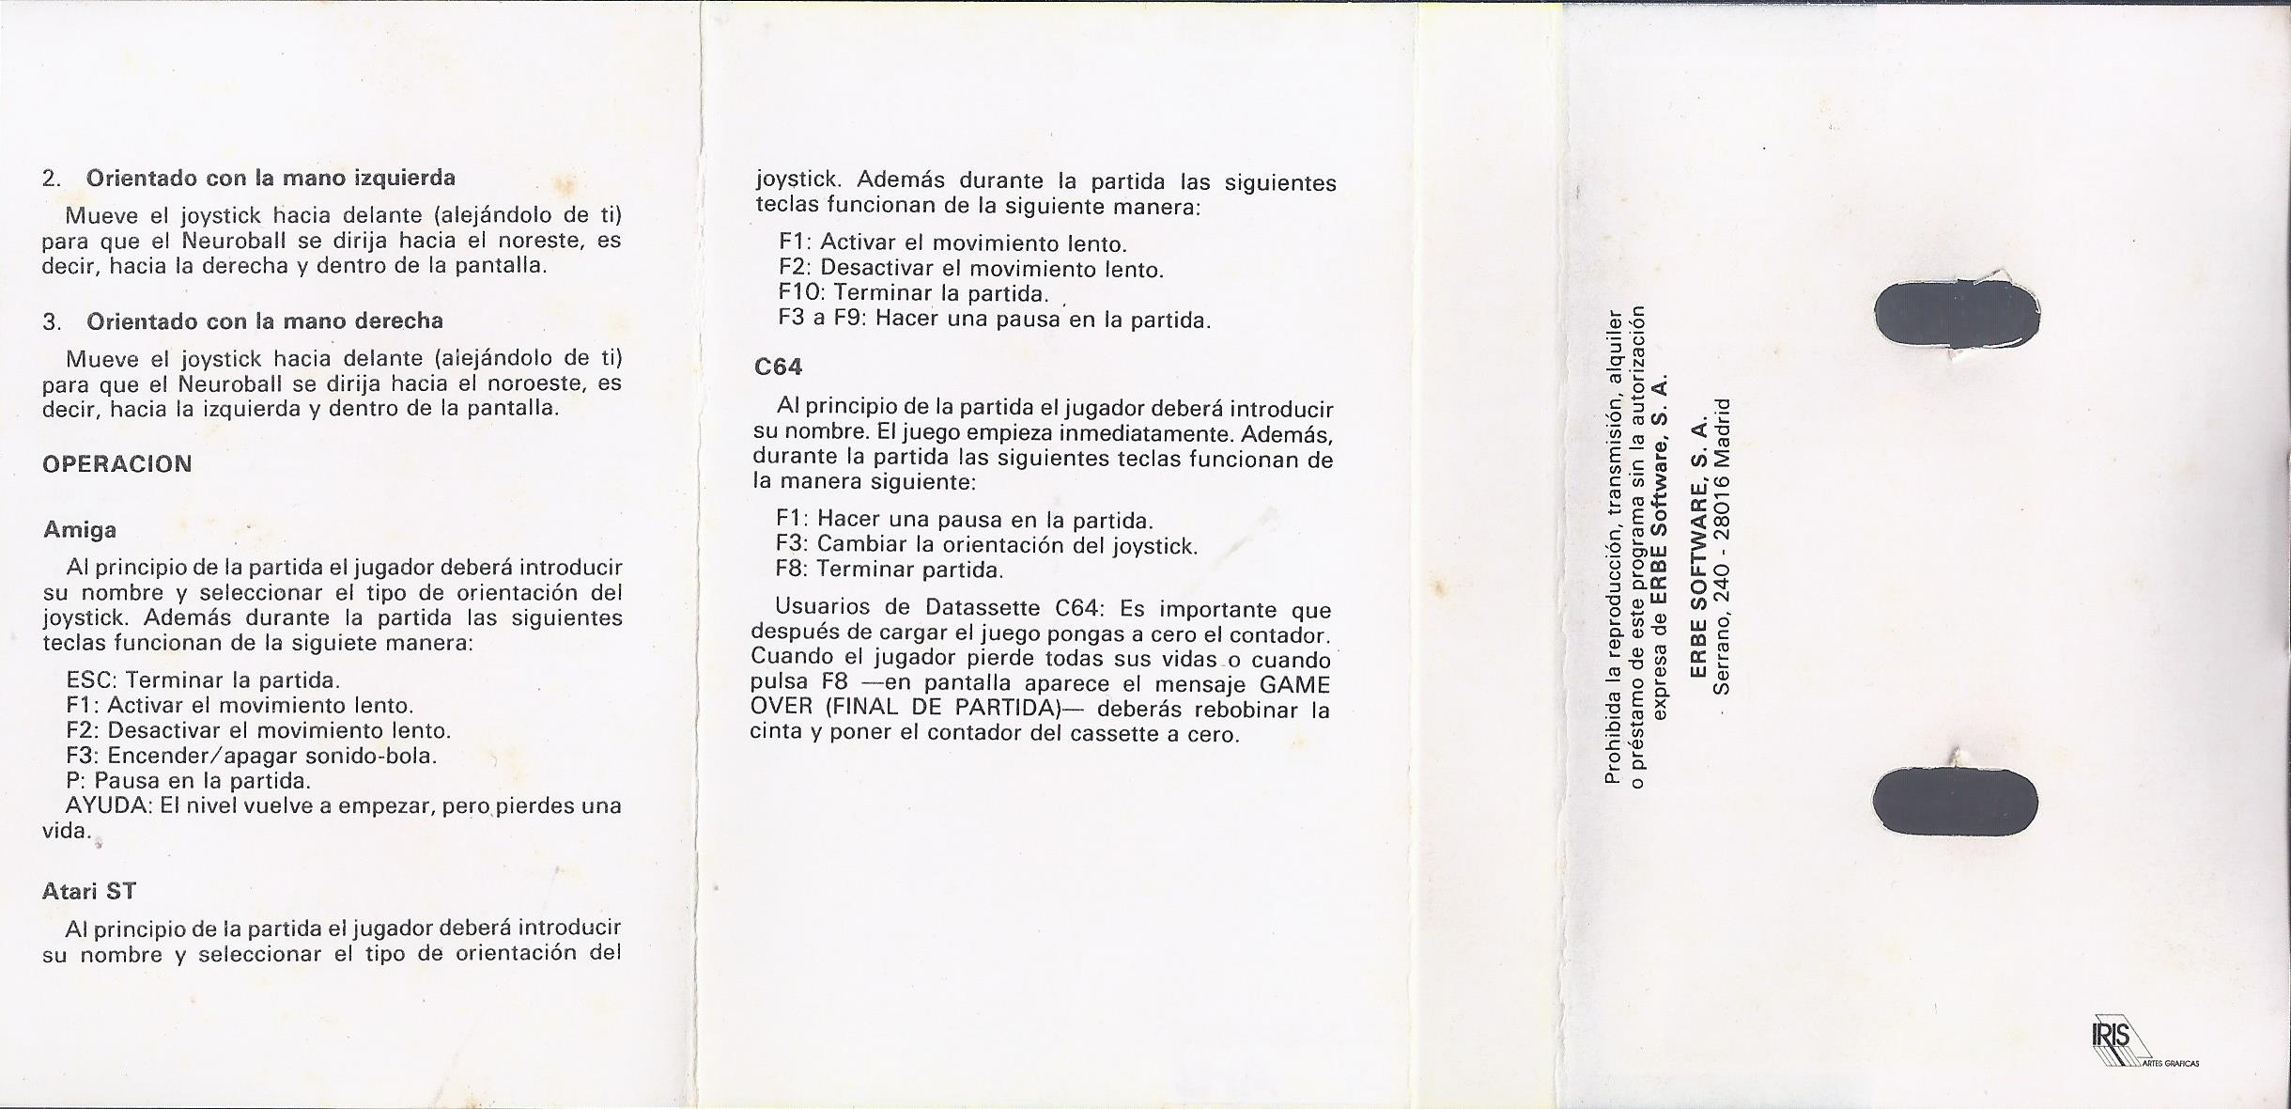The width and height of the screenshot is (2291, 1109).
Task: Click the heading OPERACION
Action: (x=117, y=463)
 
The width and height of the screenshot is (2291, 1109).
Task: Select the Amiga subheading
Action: (x=80, y=530)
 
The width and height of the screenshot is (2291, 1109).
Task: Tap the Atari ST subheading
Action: (x=89, y=891)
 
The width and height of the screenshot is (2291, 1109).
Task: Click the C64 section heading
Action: (x=778, y=367)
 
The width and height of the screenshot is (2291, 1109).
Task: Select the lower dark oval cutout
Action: (x=1956, y=801)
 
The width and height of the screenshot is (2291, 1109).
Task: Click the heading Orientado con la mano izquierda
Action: (x=271, y=178)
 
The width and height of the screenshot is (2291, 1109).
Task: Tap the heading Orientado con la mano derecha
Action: (x=264, y=320)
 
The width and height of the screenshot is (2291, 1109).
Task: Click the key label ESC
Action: (x=90, y=679)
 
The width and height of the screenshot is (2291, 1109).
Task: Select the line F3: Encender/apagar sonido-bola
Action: (x=252, y=756)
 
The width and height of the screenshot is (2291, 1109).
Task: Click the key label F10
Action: (x=799, y=293)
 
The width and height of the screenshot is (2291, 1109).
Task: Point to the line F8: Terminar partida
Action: (x=890, y=570)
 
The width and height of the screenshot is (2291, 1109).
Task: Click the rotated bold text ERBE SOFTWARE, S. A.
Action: (x=1698, y=544)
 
